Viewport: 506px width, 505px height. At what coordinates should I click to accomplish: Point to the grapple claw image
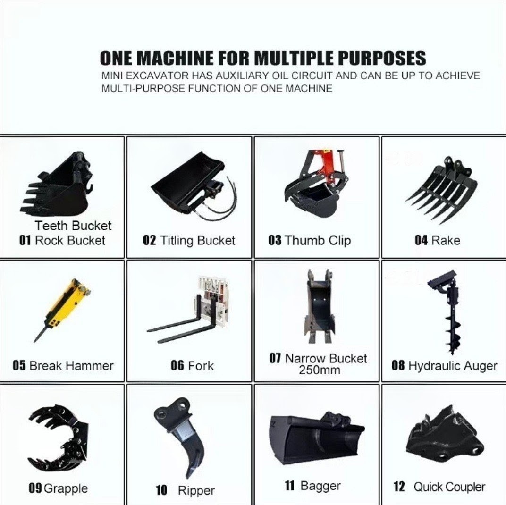[59, 439]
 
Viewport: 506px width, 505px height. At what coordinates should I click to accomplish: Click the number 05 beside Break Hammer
[19, 366]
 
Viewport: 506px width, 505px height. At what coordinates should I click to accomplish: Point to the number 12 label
[399, 487]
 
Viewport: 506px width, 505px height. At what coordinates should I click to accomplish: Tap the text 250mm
[319, 370]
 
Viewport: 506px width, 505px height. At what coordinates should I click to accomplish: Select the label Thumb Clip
[318, 240]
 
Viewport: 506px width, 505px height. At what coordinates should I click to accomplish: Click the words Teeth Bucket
[73, 226]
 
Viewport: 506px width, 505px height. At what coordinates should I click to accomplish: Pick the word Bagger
[320, 486]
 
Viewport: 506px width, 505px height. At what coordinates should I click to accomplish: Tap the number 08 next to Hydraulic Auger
[398, 366]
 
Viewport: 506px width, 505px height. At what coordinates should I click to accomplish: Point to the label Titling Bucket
[197, 240]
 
